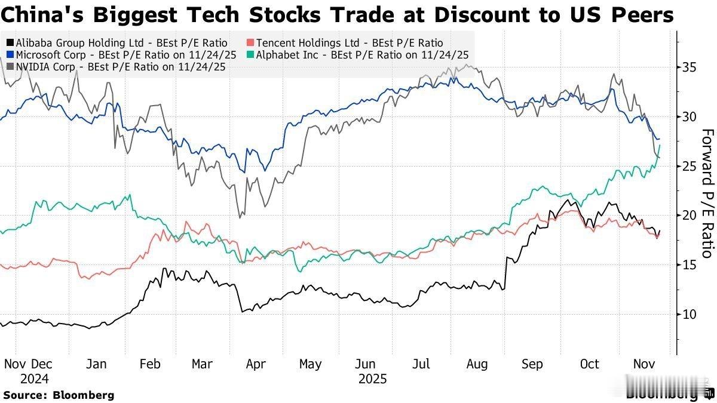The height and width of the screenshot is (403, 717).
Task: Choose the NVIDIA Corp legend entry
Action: click(116, 67)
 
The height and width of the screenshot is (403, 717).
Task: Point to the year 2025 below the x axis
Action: click(373, 379)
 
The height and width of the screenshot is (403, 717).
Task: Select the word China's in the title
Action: click(36, 14)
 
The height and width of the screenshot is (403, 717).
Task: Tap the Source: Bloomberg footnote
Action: click(59, 395)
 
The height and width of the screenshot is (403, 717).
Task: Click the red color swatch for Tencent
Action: click(251, 43)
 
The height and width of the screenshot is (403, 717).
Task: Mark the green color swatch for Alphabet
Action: click(251, 55)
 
